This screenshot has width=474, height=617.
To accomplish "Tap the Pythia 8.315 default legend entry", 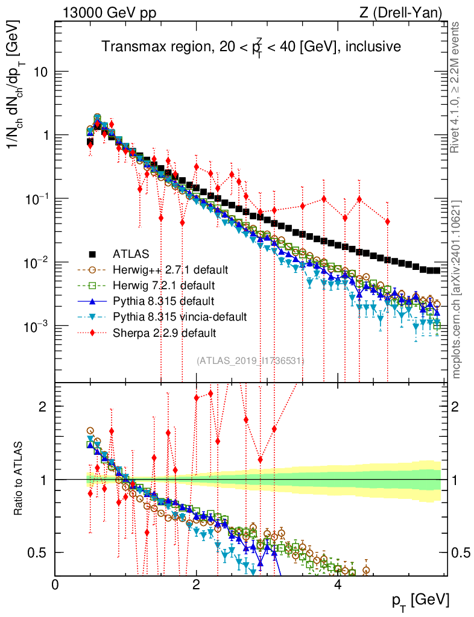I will click(x=159, y=301).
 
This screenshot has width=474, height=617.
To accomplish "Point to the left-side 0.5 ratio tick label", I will click(x=37, y=553).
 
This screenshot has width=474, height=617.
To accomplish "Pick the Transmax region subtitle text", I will click(x=251, y=46).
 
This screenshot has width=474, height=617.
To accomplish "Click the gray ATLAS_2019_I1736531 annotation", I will click(x=250, y=360).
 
